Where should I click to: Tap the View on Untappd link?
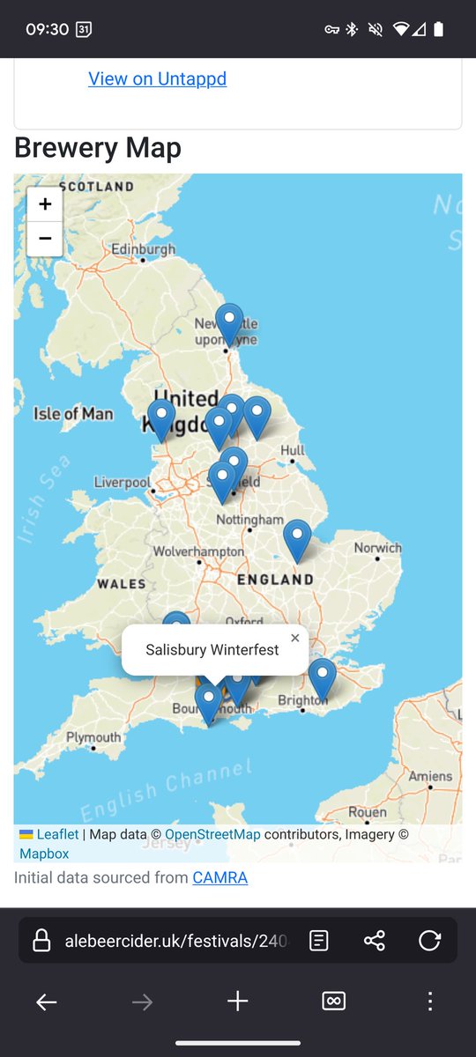157,78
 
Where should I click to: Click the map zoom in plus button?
45,204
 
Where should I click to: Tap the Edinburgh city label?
143,250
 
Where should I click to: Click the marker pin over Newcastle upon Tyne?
229,323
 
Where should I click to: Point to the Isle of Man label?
73,413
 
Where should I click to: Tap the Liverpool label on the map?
123,483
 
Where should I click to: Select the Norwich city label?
377,548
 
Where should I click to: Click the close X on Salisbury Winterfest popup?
294,639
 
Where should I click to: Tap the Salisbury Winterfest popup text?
212,650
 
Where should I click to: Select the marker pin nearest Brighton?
322,679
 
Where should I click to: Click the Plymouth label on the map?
93,737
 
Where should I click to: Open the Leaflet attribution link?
57,834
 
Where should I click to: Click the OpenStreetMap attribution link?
212,834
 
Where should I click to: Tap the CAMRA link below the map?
219,877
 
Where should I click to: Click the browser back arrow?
46,1002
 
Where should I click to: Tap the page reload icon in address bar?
429,941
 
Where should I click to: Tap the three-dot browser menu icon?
429,1002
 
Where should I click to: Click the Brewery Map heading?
98,148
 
